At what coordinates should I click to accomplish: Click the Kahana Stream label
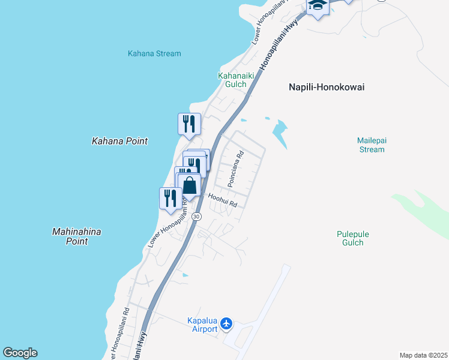pos(154,53)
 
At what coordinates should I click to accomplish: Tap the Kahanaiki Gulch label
pos(232,80)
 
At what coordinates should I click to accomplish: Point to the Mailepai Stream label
pos(372,145)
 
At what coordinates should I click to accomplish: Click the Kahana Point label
pos(119,141)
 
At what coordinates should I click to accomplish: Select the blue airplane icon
pos(226,324)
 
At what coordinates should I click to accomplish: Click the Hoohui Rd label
pos(223,200)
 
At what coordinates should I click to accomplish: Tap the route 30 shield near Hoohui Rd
pos(197,216)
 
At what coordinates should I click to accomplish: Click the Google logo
pos(20,353)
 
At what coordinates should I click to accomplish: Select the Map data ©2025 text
pos(423,355)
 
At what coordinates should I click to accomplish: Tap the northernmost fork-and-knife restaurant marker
pos(189,124)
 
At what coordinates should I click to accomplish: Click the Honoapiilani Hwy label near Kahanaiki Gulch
pos(279,47)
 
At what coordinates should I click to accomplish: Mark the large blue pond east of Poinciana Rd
pos(279,131)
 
